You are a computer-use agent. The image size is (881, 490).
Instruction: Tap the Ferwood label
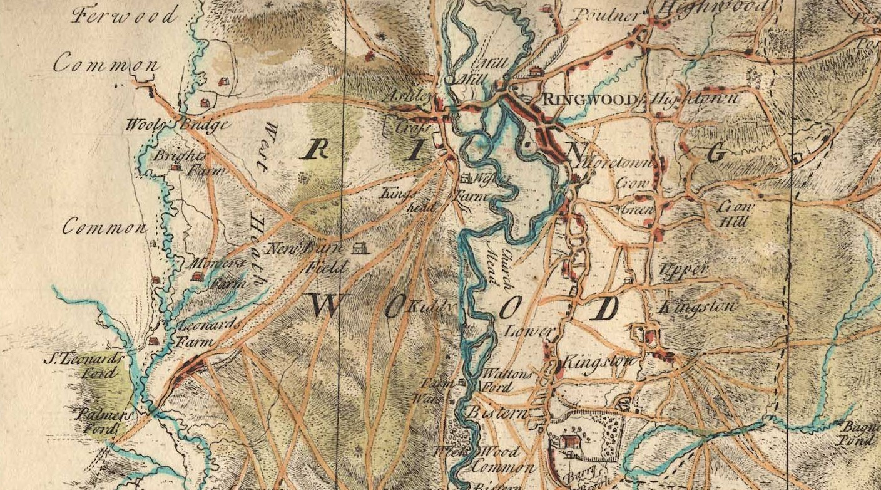point(125,14)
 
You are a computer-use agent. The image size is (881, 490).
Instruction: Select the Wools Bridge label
point(177,125)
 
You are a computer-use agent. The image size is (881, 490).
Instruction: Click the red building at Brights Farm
point(176,168)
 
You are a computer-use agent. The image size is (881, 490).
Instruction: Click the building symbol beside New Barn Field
point(359,249)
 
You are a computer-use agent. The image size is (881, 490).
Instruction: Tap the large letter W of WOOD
point(325,305)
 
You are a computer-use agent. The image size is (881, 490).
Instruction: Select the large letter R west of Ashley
point(317,149)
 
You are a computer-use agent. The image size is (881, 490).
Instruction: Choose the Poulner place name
point(605,14)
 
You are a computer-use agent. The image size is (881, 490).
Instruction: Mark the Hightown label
point(694,99)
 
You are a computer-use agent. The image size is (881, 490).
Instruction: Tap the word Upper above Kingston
point(683,270)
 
